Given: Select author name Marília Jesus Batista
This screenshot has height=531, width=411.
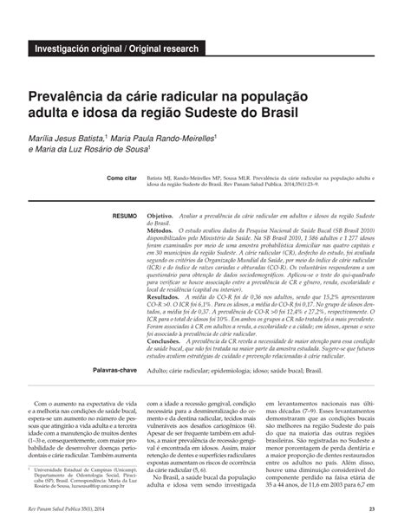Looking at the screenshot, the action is [66, 137].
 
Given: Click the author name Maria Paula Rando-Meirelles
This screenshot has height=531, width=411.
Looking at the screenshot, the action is [162, 137].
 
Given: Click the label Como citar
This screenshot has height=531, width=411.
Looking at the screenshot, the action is [121, 178].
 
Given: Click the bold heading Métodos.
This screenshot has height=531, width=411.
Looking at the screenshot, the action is [160, 231].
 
